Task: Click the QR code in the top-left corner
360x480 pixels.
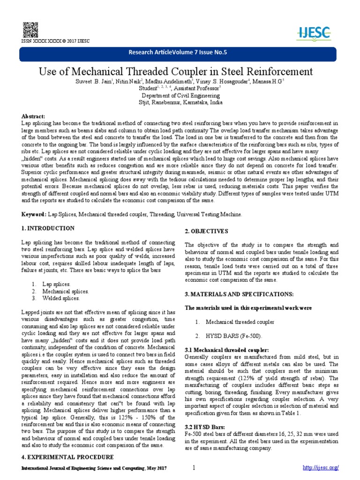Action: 28,29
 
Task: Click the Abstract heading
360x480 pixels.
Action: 33,116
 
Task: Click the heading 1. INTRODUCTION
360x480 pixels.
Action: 48,228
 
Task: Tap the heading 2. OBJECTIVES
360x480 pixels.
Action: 206,231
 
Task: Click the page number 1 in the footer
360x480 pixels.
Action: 193,468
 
